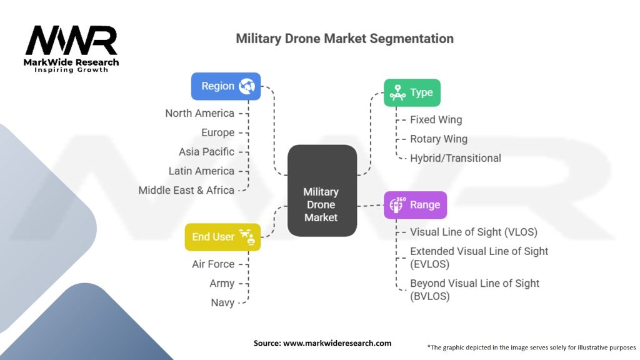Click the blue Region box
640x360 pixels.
(x=226, y=86)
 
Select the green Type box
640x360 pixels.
(x=412, y=92)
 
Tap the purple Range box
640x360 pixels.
(x=415, y=205)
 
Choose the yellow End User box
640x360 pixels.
(x=222, y=237)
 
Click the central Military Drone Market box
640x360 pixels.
(x=322, y=191)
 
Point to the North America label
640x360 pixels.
(x=199, y=113)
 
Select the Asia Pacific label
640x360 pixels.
(x=206, y=152)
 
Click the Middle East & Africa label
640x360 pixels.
(x=186, y=190)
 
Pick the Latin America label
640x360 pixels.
(x=201, y=171)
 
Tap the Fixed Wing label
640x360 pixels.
(x=436, y=119)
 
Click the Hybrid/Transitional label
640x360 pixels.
(x=456, y=158)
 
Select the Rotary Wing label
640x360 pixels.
(x=439, y=139)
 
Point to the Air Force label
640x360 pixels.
(x=213, y=264)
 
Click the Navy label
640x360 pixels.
(x=222, y=303)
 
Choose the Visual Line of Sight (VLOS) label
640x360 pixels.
(x=474, y=232)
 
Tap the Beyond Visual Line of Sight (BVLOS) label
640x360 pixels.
(x=475, y=290)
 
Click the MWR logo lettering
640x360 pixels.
(x=71, y=40)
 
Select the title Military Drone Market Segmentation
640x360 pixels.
(x=344, y=38)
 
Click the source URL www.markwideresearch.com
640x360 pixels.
(x=337, y=343)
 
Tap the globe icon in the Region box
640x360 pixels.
(x=247, y=86)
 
